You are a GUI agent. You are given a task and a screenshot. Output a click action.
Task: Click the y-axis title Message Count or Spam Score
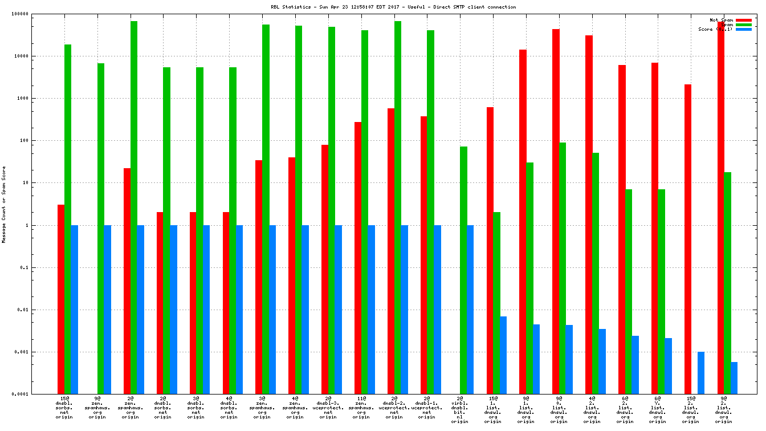click(4, 205)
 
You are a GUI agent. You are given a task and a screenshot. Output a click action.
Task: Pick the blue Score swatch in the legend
click(743, 29)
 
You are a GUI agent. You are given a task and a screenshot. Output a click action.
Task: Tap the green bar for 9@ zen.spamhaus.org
click(101, 228)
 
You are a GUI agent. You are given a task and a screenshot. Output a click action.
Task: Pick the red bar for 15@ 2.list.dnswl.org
click(688, 239)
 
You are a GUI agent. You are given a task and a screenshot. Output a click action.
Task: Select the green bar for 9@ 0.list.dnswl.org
click(563, 268)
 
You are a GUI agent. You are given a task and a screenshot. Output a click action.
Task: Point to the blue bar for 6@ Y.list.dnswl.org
click(668, 365)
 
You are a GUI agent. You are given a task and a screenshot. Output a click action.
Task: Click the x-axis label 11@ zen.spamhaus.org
click(361, 408)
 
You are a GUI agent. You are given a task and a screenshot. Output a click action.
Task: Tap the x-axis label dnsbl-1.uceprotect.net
click(427, 408)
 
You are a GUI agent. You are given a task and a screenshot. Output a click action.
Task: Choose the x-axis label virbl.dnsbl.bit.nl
click(460, 410)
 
